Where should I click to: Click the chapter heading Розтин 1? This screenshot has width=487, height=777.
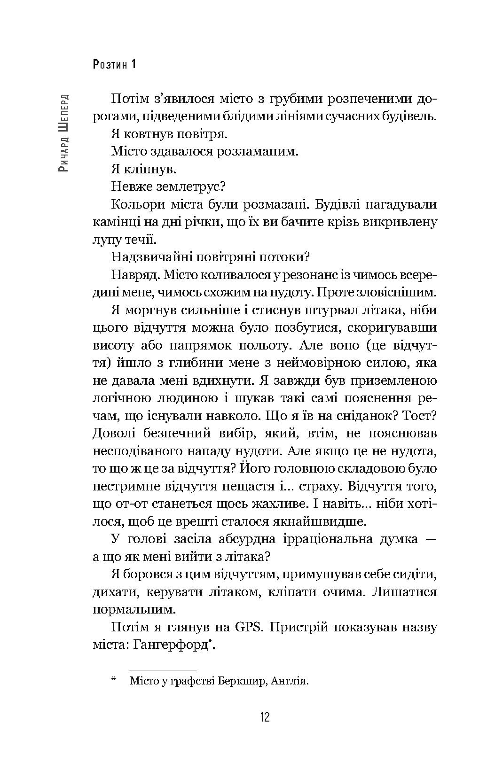coord(115,64)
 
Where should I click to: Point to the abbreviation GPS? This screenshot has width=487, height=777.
coord(248,627)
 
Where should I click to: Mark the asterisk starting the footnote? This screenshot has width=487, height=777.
coord(114,680)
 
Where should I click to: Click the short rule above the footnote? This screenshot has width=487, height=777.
coord(163,669)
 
